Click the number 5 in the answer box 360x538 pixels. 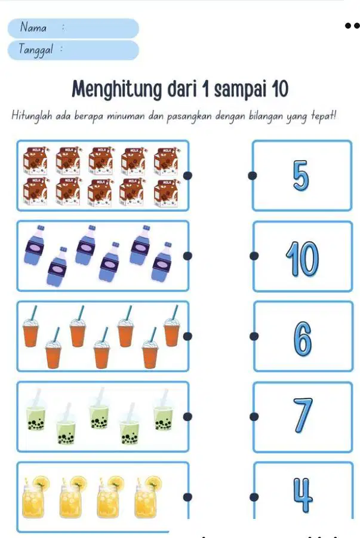(301, 176)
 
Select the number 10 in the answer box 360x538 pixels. (302, 259)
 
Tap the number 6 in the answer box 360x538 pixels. (303, 339)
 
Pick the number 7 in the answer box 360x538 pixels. (303, 415)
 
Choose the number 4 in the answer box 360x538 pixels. (303, 495)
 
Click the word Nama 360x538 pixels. (33, 27)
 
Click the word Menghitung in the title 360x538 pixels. (116, 90)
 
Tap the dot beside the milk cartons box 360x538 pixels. (187, 176)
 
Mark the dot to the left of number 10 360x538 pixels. (254, 256)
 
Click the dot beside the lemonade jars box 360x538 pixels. (187, 497)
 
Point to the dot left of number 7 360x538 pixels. (254, 417)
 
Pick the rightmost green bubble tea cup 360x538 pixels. (164, 410)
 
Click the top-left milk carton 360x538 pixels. (35, 161)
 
